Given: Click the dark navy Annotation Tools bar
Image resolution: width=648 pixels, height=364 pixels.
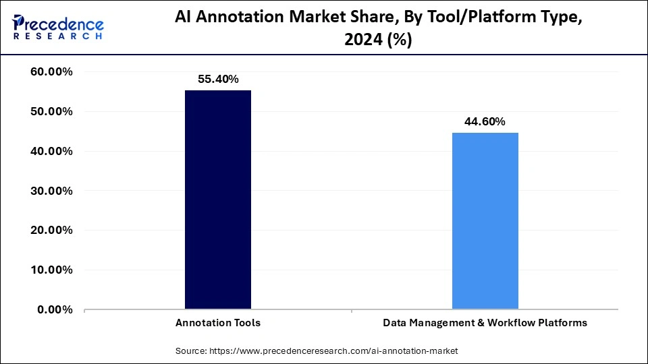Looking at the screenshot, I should [218, 200].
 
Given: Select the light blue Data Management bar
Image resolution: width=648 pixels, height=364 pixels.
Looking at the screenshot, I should [485, 221].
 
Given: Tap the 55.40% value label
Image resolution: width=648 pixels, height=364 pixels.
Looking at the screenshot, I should [218, 79].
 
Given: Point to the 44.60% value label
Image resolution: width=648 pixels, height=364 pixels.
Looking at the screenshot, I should [485, 121].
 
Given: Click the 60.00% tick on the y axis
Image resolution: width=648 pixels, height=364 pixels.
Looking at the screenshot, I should [52, 72].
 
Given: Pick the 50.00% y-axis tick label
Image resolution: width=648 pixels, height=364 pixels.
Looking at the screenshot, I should [52, 112].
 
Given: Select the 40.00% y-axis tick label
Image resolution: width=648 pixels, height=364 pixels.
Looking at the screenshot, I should [52, 152].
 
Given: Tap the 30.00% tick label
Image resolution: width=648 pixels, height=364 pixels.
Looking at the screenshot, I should [52, 191].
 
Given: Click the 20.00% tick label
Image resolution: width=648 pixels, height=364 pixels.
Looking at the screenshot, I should [52, 231].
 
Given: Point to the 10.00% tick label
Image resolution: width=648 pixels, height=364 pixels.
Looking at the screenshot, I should [52, 270].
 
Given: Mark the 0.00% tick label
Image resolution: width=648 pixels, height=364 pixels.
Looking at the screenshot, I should [55, 310].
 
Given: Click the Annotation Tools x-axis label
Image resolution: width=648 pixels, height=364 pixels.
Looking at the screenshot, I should [218, 323].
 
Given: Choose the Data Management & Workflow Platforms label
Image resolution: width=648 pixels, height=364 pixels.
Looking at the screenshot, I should [485, 323].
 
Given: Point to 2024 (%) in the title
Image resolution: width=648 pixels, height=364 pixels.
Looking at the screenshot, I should [377, 40].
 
